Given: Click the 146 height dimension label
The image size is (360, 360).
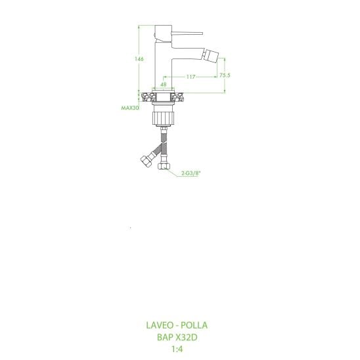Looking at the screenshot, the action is tap(139, 59).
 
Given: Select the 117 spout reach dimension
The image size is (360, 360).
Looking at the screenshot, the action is tap(191, 77).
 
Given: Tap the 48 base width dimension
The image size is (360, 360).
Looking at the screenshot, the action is tap(163, 85).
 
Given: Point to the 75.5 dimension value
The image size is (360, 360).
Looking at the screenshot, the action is tap(225, 75).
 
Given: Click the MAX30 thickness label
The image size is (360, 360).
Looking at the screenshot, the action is tap(130, 108).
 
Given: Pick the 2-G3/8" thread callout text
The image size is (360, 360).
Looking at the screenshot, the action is tap(191, 173).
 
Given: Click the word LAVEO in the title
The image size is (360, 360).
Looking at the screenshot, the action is tap(160, 325).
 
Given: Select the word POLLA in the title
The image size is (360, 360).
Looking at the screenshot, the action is tap(194, 325).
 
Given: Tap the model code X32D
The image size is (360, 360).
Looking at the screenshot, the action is tap(186, 337).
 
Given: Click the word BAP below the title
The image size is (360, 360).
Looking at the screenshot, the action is tap(165, 337).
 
